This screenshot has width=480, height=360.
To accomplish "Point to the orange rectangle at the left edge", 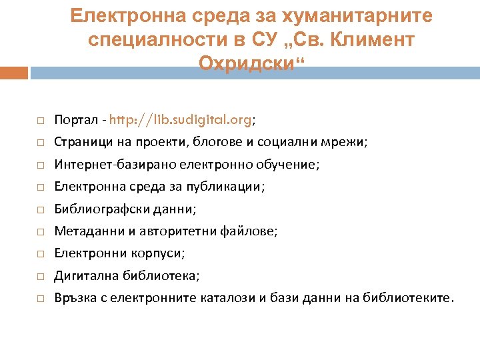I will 13,73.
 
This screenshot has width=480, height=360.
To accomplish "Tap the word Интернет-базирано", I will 109,165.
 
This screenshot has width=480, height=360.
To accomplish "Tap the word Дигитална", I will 83,275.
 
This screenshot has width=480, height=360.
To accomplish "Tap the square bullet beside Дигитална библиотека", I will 40,276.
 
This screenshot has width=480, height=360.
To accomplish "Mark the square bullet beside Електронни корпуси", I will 40,254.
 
